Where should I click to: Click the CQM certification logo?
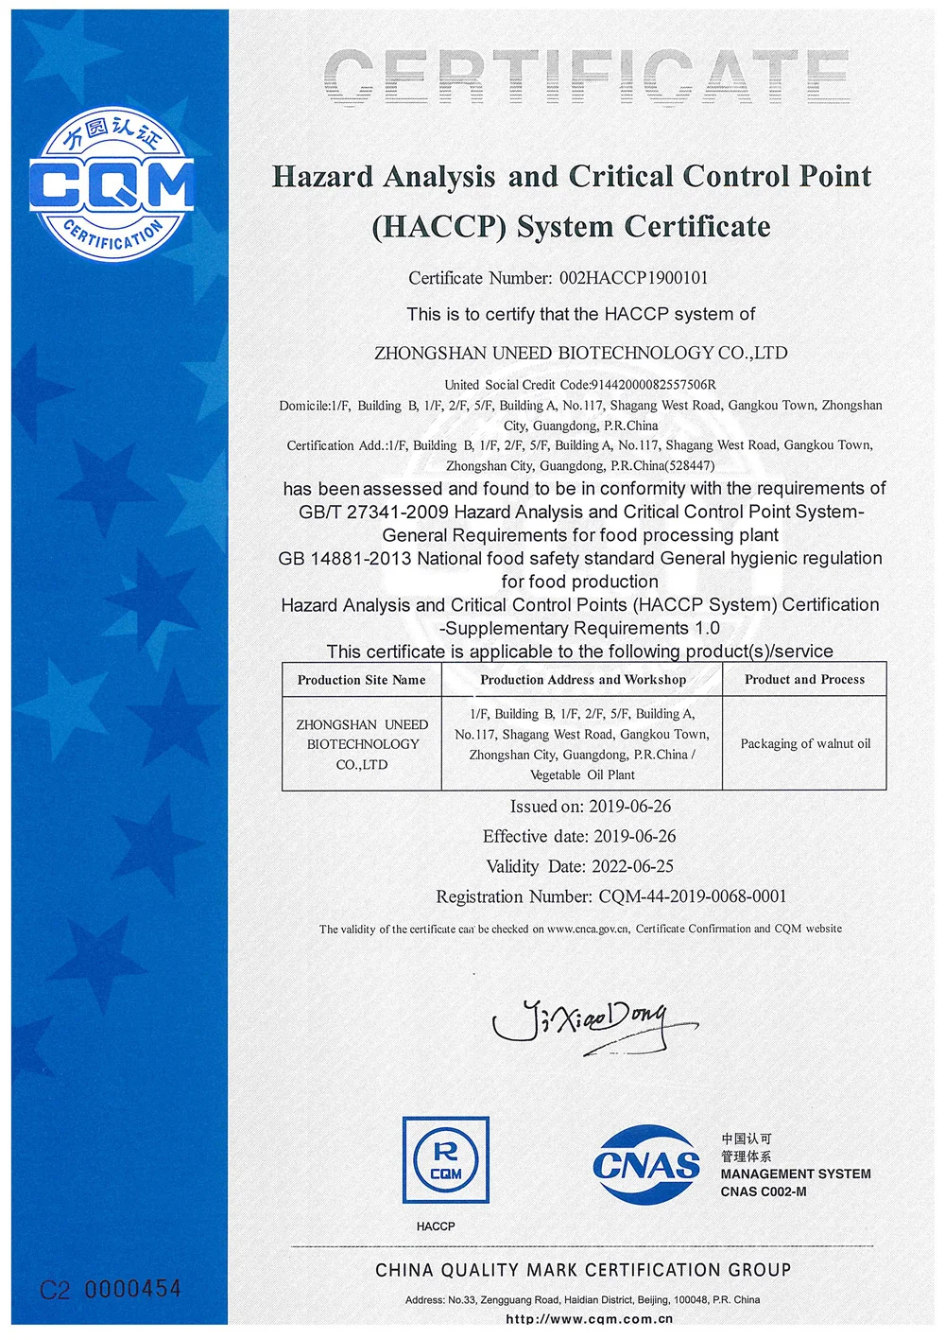(x=112, y=184)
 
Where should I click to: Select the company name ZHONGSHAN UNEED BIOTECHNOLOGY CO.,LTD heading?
(x=580, y=353)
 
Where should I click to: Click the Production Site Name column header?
(x=361, y=680)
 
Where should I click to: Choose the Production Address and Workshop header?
(x=582, y=680)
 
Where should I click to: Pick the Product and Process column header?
(x=804, y=680)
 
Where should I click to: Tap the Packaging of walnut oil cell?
(x=805, y=744)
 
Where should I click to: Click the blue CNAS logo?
(x=647, y=1164)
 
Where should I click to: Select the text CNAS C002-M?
(x=764, y=1191)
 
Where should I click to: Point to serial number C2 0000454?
(x=111, y=1289)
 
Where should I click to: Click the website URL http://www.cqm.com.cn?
(x=589, y=1318)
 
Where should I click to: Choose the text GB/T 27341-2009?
(x=374, y=512)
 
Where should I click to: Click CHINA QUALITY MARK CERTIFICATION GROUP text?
(x=583, y=1270)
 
